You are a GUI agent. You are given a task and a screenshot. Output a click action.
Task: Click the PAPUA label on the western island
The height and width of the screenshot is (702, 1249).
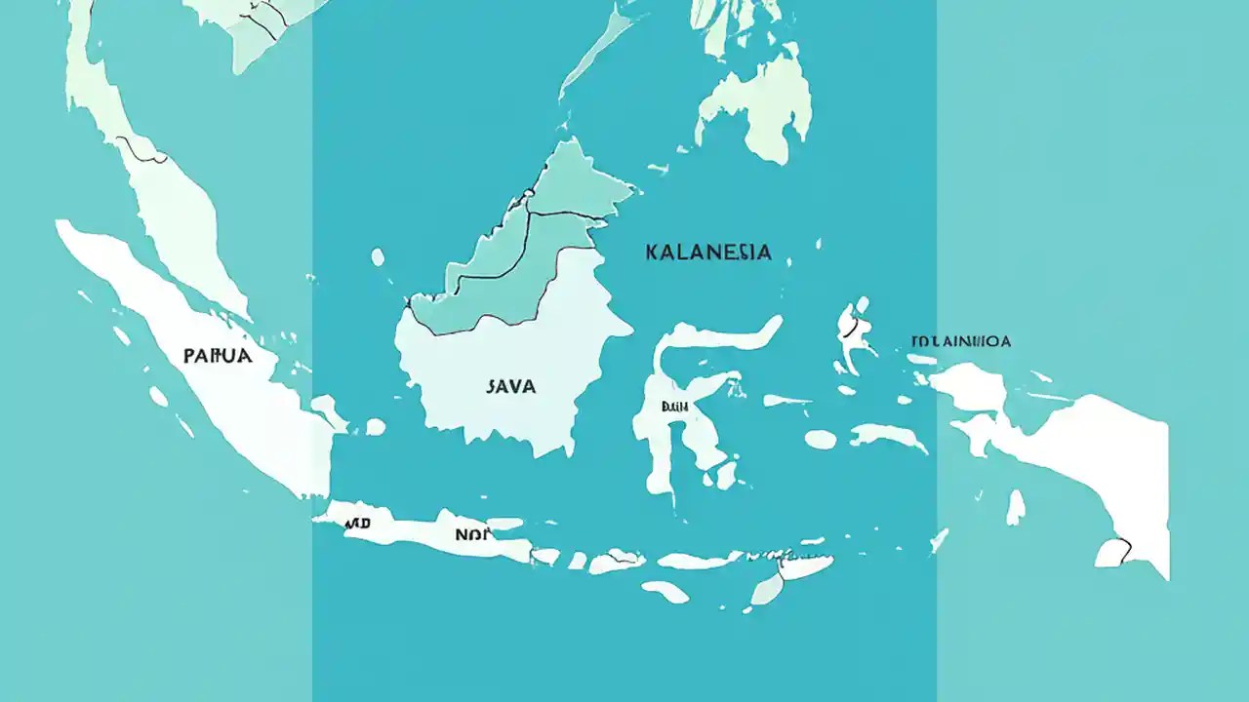tap(218, 356)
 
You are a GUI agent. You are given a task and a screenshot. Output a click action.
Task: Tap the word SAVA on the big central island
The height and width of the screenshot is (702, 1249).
tap(510, 386)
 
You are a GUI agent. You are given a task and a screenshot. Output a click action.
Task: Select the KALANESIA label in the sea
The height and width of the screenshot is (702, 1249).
tap(708, 253)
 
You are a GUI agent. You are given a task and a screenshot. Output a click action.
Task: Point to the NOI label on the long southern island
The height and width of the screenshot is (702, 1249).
tap(468, 534)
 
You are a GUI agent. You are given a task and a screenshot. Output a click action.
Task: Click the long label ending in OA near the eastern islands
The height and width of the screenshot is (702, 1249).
tap(960, 341)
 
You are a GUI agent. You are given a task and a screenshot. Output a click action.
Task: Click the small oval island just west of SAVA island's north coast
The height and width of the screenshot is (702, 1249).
tap(378, 257)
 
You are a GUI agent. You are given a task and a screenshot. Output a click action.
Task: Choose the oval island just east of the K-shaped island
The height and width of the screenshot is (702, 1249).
tap(820, 440)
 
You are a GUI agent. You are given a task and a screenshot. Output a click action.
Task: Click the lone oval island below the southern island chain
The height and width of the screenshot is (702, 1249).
tap(665, 591)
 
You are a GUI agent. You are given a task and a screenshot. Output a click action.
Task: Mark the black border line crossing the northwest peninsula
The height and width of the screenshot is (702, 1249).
tap(141, 151)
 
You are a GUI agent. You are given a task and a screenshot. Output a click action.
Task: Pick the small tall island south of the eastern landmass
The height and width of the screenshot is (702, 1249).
tap(1016, 506)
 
